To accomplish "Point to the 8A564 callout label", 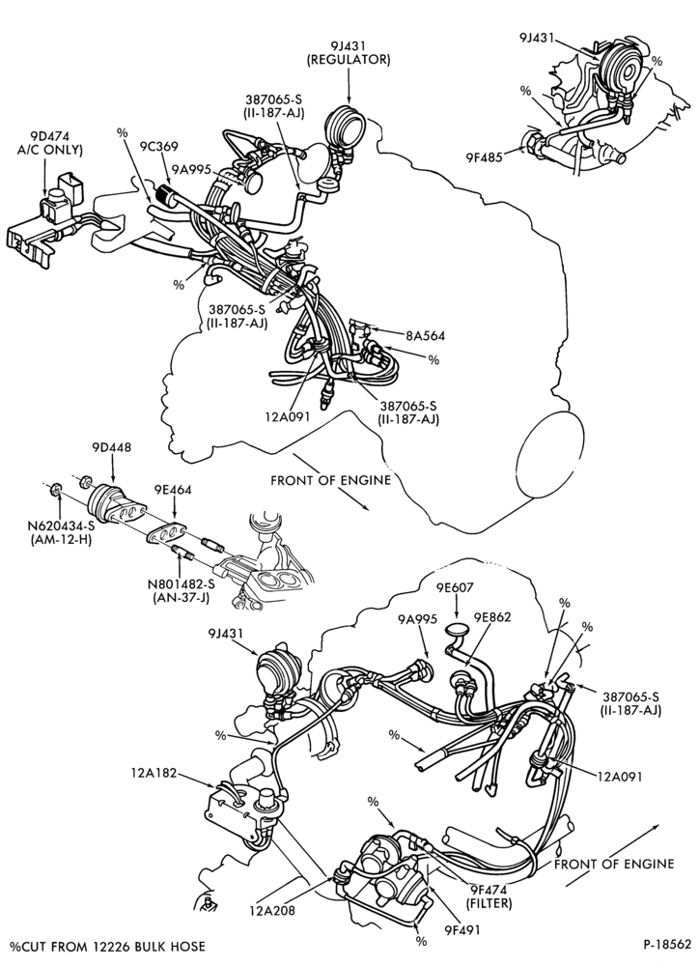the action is click(425, 336).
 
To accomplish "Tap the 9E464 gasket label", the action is click(173, 491).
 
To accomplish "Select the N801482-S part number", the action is click(184, 582).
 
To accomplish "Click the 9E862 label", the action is click(492, 617).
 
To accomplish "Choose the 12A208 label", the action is click(272, 910).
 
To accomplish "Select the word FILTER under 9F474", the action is click(489, 904).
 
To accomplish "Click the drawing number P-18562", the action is click(668, 946).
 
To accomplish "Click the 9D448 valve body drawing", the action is click(113, 502).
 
